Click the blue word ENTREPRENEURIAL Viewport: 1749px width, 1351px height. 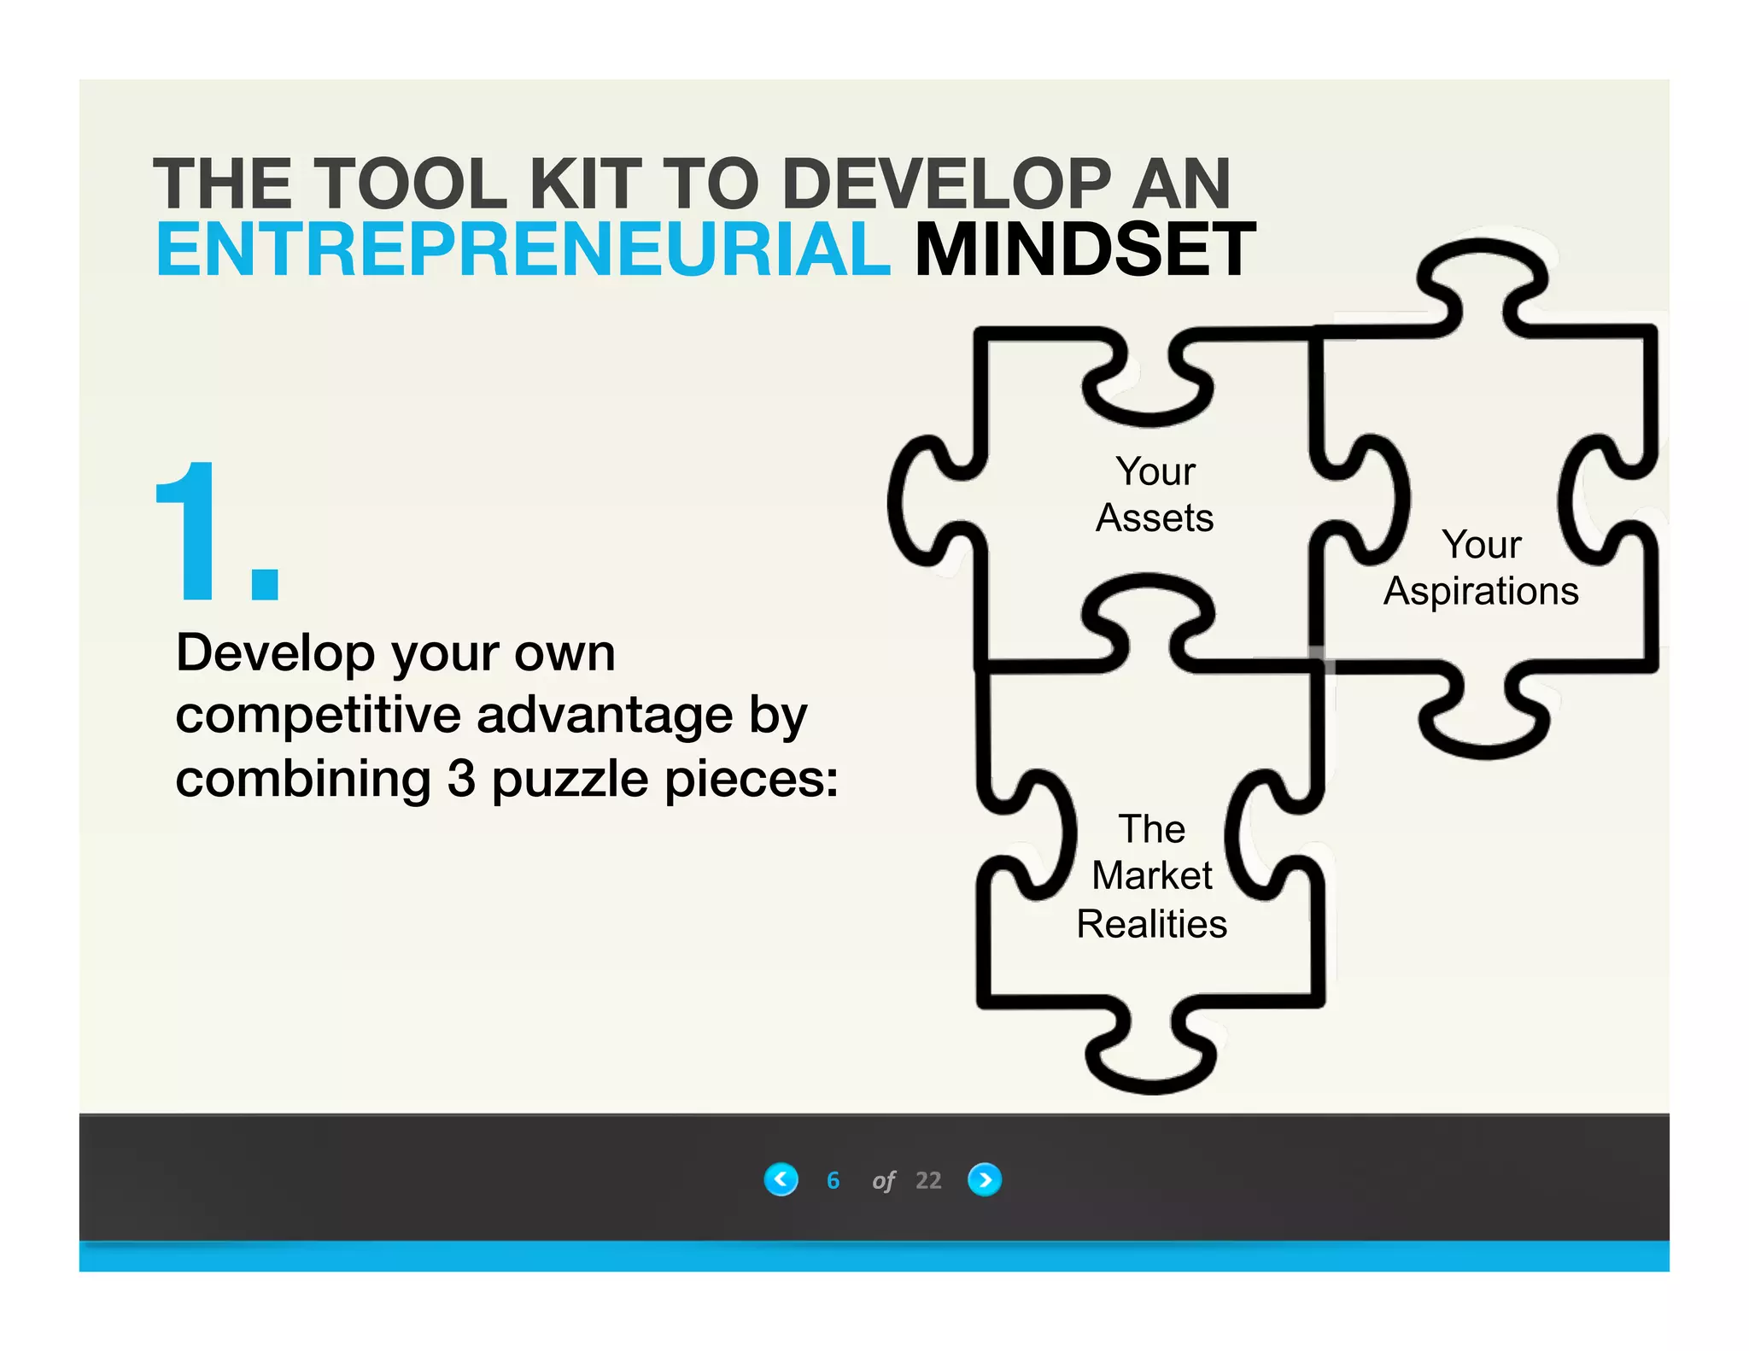523,250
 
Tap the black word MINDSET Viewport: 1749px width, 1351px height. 1085,250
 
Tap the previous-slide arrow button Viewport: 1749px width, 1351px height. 781,1179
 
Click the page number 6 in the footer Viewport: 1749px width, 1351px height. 833,1180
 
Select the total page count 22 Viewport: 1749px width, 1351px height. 928,1180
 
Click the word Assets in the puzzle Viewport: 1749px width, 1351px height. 1155,518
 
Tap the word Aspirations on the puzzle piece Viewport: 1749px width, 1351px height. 1481,592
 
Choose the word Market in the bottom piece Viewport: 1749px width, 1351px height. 1152,876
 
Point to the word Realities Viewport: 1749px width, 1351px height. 1151,924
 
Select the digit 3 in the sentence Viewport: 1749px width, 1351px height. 461,779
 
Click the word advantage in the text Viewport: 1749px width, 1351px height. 605,716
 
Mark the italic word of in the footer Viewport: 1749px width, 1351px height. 883,1181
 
